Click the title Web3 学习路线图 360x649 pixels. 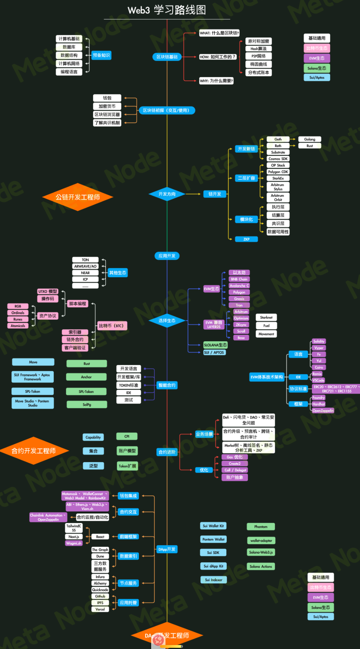click(x=167, y=10)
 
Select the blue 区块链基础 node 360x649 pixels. click(x=167, y=57)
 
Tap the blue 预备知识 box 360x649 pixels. click(x=101, y=55)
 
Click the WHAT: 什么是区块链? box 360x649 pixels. click(x=219, y=33)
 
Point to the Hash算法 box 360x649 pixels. click(x=259, y=49)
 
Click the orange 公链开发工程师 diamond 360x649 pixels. click(x=78, y=197)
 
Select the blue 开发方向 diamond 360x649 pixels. click(x=167, y=194)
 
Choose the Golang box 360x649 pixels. click(x=309, y=139)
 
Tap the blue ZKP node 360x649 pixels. click(x=246, y=239)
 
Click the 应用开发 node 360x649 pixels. click(x=167, y=256)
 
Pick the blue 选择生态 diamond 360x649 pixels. click(x=167, y=321)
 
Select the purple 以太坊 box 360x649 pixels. click(x=239, y=272)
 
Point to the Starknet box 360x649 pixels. click(x=266, y=317)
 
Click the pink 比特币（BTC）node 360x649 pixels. click(x=112, y=326)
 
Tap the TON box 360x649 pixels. click(x=85, y=260)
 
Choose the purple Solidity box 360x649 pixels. click(x=319, y=341)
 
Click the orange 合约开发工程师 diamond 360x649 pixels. click(x=34, y=451)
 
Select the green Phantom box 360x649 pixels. click(x=261, y=527)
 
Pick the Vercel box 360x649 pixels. click(x=100, y=609)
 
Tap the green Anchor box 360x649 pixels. click(x=86, y=377)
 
